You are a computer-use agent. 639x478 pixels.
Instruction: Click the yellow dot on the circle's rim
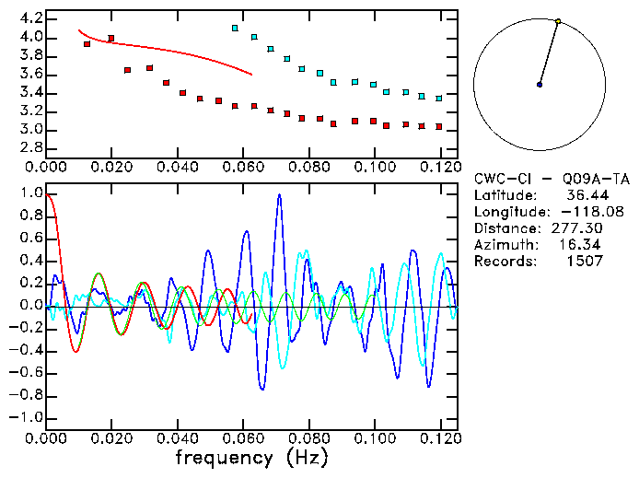(558, 20)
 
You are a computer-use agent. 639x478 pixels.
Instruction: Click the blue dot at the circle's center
(540, 85)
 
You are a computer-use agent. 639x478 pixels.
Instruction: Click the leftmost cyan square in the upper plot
(235, 29)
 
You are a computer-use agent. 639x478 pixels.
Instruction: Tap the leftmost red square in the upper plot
(87, 44)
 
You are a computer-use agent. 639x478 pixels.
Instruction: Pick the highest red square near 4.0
(111, 39)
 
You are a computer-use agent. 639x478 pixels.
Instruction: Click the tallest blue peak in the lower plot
(279, 195)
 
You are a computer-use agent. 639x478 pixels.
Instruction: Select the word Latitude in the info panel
(504, 195)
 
